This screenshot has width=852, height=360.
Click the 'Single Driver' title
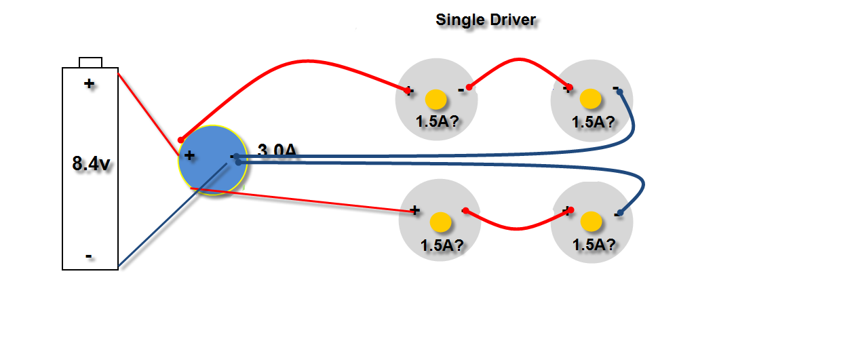coord(486,20)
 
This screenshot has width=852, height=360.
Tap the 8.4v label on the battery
coord(91,163)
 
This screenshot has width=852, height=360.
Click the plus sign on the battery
coord(89,84)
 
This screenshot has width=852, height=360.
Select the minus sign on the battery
coord(89,257)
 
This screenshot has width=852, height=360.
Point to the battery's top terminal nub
coord(91,62)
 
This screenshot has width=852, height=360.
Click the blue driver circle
coord(212,161)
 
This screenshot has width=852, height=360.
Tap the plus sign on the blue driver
coord(189,155)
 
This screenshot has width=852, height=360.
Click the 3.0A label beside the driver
coord(277,151)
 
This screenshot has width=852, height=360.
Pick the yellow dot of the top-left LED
coord(436,100)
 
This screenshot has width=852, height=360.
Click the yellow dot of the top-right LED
coord(591,99)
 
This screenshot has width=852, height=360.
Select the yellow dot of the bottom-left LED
coord(441,222)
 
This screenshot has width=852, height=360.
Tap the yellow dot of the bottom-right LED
coord(591,221)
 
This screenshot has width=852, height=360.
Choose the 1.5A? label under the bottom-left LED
coord(442,245)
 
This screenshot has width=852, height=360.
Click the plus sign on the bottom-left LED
coord(414,210)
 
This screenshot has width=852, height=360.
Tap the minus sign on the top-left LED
coord(461,89)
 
